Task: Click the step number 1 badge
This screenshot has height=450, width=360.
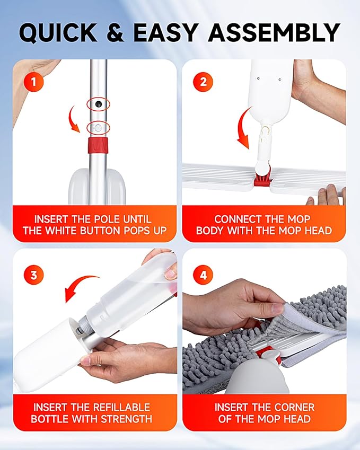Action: click(x=33, y=82)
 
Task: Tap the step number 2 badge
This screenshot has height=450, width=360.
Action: click(x=203, y=82)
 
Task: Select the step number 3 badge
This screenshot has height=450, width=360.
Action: click(x=33, y=275)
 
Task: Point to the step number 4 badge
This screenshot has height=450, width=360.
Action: click(x=203, y=275)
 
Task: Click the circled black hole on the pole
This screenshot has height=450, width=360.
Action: click(x=99, y=104)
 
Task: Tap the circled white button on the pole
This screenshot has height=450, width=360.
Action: click(x=98, y=127)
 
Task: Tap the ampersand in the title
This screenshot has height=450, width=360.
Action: click(x=115, y=32)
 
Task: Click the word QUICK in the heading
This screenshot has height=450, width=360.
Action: click(x=58, y=33)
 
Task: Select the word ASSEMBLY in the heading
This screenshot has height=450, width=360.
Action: click(x=274, y=32)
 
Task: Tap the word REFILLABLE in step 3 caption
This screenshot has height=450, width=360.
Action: click(x=121, y=408)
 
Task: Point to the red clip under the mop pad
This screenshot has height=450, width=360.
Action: click(x=269, y=355)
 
